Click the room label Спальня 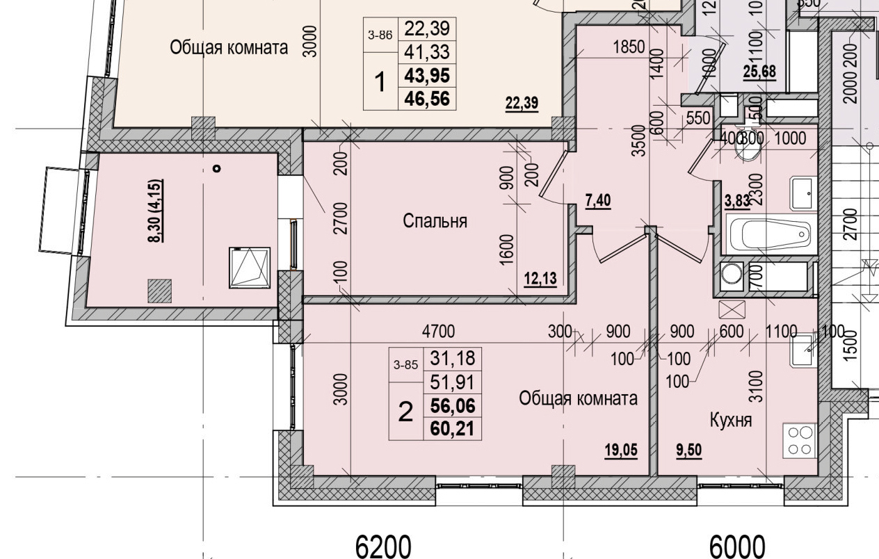point(435,221)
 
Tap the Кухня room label point(730,420)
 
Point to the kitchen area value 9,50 point(688,450)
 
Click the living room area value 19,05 point(620,450)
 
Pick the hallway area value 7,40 point(599,202)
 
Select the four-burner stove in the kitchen point(800,440)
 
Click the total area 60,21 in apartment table point(452,429)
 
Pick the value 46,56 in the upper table point(426,99)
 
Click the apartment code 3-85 point(405,363)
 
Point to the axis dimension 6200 point(383,546)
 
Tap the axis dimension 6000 point(737,546)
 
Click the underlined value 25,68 point(759,71)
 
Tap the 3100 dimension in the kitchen point(757,387)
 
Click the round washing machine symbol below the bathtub point(731,274)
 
